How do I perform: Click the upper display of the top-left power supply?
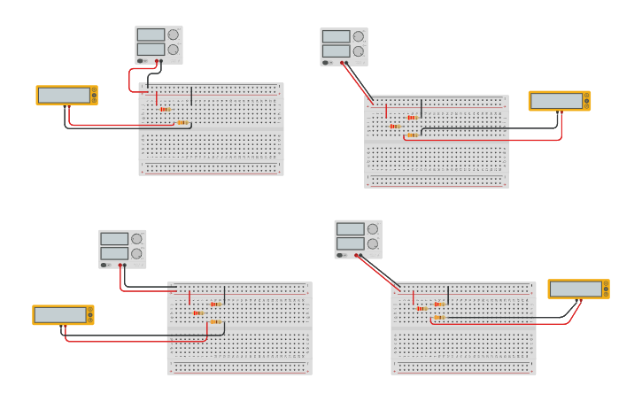(x=151, y=35)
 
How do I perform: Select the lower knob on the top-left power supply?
(x=173, y=50)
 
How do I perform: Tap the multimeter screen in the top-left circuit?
(x=65, y=95)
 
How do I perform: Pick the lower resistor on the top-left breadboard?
(x=182, y=122)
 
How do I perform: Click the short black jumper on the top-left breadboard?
(x=191, y=95)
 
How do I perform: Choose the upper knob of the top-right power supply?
(x=359, y=36)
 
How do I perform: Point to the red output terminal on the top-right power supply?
(x=344, y=63)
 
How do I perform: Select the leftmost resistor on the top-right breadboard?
(x=395, y=126)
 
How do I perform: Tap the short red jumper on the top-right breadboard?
(x=386, y=110)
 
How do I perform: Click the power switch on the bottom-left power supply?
(x=104, y=265)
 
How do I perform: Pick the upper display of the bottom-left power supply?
(x=114, y=238)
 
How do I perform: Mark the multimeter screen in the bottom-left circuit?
(x=61, y=315)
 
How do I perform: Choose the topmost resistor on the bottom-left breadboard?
(x=215, y=304)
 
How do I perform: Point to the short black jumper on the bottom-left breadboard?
(x=224, y=295)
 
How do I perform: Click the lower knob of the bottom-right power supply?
(x=373, y=243)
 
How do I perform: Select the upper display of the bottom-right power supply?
(x=350, y=228)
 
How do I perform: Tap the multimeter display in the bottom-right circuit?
(x=576, y=289)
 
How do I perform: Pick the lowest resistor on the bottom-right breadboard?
(x=439, y=317)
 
